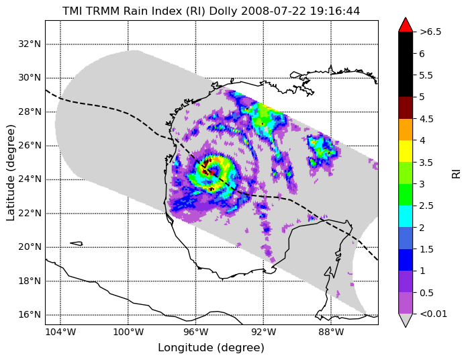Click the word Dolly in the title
(x=224, y=11)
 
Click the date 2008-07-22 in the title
(x=273, y=11)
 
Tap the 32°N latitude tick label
(x=30, y=44)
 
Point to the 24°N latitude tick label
(x=30, y=179)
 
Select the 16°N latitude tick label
(x=30, y=314)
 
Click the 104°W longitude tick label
(x=60, y=332)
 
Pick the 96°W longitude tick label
(x=196, y=332)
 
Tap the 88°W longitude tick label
(x=331, y=332)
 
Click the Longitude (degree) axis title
(x=212, y=348)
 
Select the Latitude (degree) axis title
(x=11, y=173)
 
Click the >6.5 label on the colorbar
(x=430, y=32)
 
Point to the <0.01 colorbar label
(x=433, y=314)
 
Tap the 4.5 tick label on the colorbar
(x=426, y=118)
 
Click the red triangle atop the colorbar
(x=406, y=25)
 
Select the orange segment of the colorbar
(x=406, y=130)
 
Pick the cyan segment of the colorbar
(x=406, y=216)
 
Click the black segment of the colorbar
(x=406, y=64)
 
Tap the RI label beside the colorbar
(x=457, y=173)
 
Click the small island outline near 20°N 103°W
(x=77, y=244)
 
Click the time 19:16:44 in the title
(x=334, y=11)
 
